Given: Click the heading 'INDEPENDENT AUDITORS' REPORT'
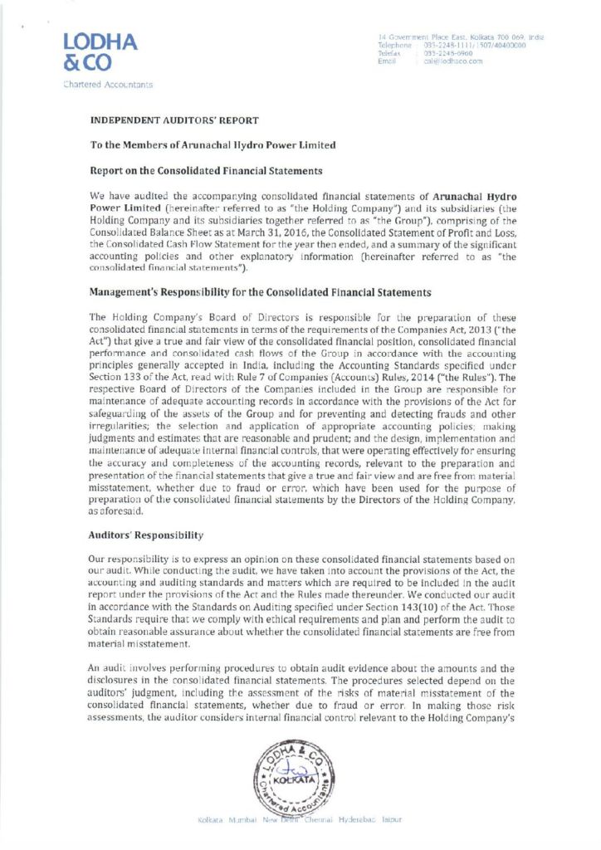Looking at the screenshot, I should tap(174, 121).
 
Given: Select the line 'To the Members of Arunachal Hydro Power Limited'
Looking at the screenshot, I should tap(213, 145).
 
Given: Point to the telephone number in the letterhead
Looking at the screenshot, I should tap(471, 45).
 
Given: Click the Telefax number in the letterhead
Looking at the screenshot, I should tap(448, 53).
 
